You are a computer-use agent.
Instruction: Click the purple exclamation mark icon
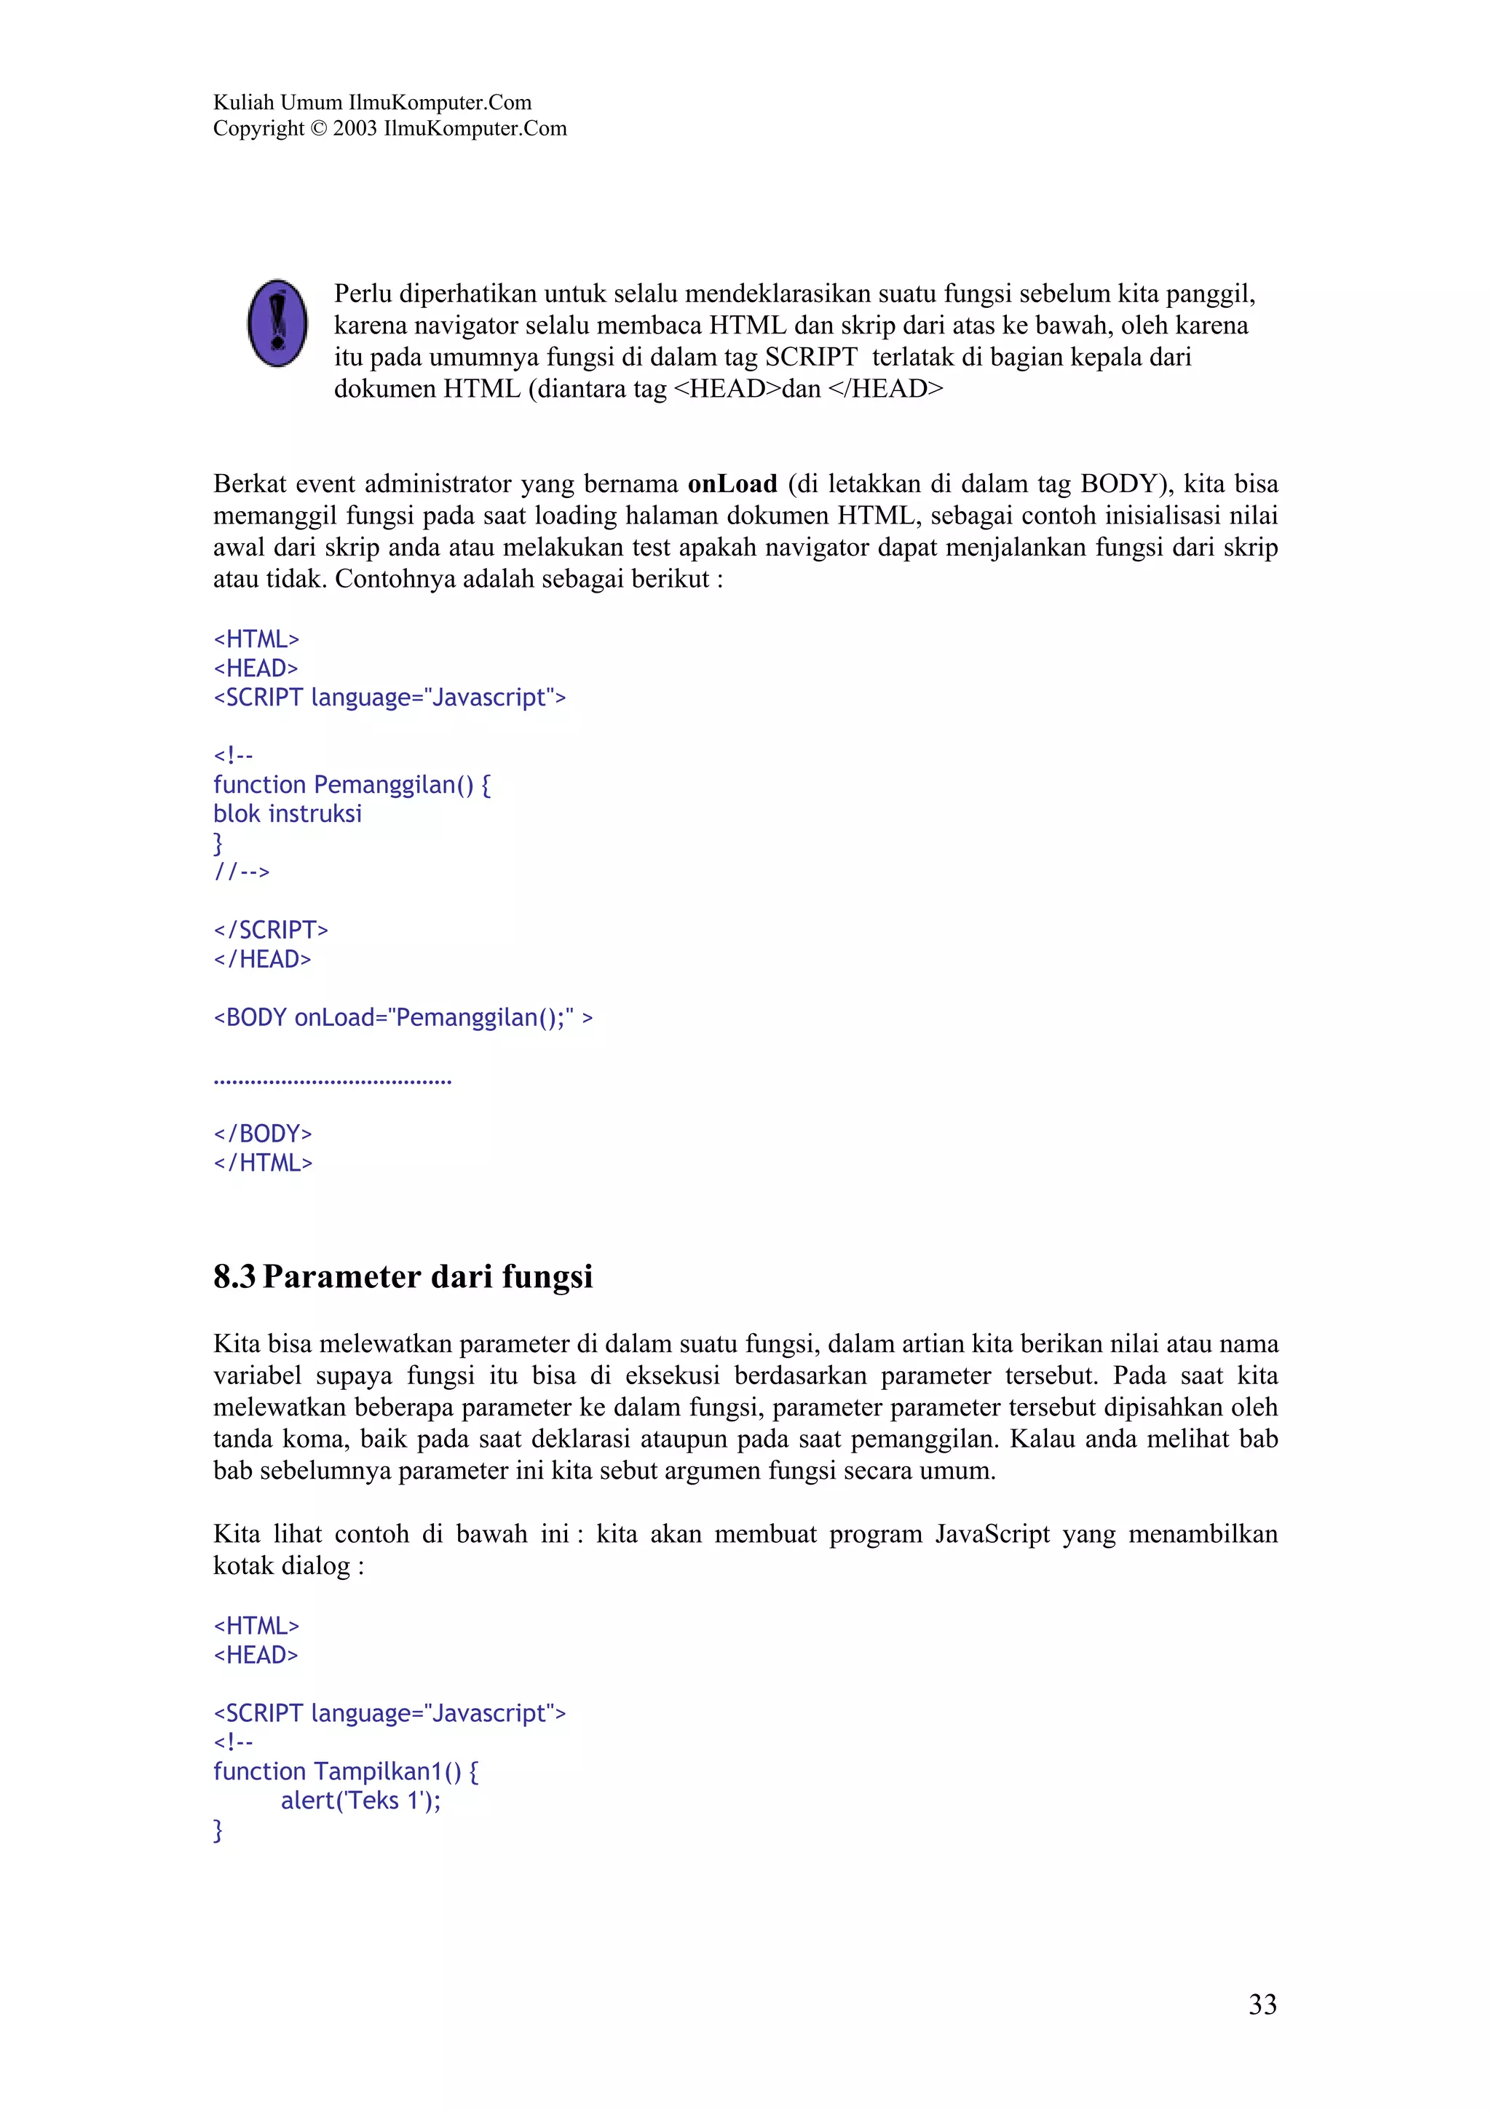[x=277, y=323]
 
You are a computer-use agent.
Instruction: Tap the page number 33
[x=1262, y=2004]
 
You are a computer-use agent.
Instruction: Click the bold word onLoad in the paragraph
[x=732, y=483]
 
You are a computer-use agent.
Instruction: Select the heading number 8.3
[x=234, y=1276]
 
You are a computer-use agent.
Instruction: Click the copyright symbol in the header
[x=318, y=129]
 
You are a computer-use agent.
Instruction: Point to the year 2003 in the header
[x=355, y=129]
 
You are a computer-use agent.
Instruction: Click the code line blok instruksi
[x=288, y=813]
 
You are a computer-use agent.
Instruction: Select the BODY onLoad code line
[x=403, y=1017]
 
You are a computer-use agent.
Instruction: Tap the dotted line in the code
[x=332, y=1082]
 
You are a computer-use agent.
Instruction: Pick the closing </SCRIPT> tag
[x=271, y=930]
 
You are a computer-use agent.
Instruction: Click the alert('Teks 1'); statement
[x=360, y=1801]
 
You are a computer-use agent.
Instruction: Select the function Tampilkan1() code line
[x=345, y=1771]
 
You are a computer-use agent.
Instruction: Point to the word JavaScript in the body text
[x=992, y=1534]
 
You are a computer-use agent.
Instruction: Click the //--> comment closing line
[x=242, y=872]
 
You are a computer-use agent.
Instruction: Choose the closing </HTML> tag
[x=263, y=1163]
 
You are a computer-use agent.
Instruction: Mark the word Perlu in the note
[x=363, y=294]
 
